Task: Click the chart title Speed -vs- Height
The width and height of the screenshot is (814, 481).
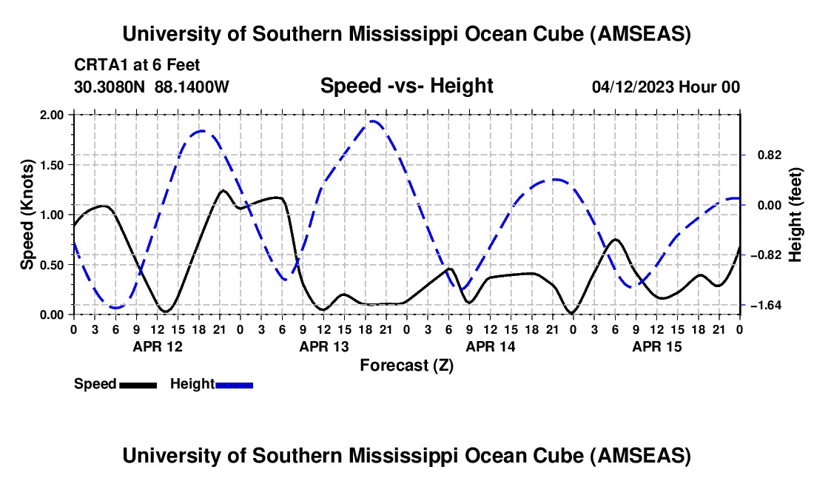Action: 406,86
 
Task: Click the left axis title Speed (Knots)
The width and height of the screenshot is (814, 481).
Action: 27,215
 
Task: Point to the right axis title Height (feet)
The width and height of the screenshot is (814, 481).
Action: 795,215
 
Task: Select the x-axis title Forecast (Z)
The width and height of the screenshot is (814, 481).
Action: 406,365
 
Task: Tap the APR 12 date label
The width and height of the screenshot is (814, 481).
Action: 157,346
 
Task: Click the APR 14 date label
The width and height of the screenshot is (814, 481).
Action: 490,346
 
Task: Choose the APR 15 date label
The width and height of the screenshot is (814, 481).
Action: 656,346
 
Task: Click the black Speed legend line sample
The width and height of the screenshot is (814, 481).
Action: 138,385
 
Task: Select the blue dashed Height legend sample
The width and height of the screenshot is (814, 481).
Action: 234,385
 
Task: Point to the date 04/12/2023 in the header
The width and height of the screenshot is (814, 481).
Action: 634,87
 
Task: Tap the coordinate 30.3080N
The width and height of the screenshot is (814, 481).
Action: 111,87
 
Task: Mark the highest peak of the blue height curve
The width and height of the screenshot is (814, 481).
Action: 374,121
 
